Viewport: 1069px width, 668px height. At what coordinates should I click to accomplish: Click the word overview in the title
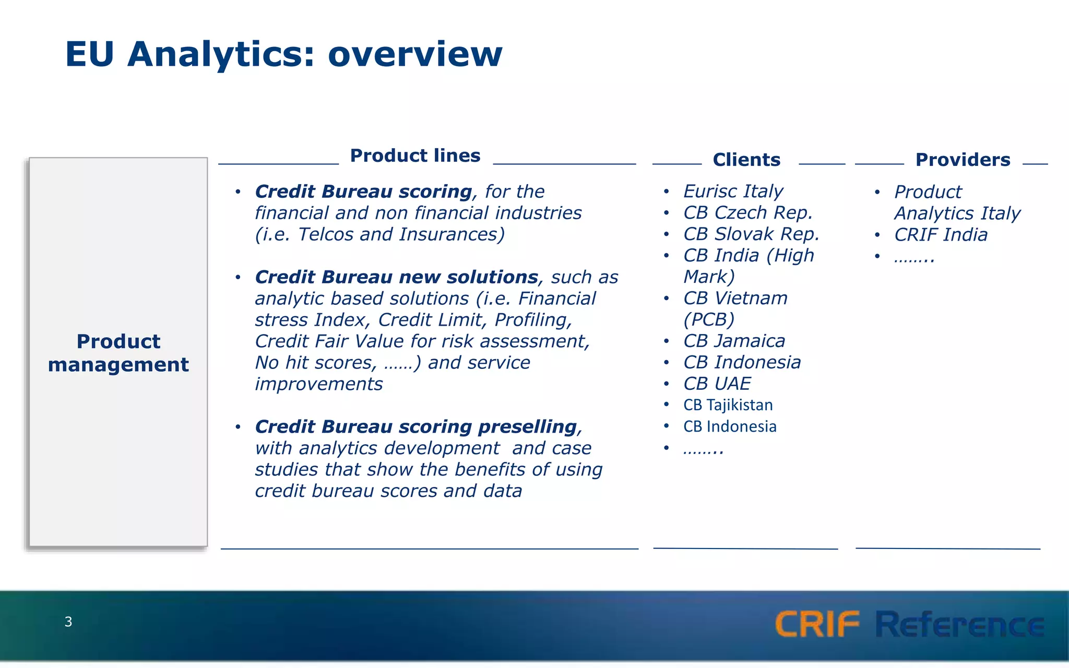pyautogui.click(x=415, y=54)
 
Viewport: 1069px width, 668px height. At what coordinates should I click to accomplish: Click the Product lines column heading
pyautogui.click(x=415, y=156)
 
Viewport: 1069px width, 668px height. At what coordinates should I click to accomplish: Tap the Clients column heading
pyautogui.click(x=746, y=160)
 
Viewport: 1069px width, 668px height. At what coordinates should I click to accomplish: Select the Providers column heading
pyautogui.click(x=963, y=160)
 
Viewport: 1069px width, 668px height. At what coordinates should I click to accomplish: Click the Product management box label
pyautogui.click(x=118, y=353)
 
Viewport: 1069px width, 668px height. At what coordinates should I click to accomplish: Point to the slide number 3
pyautogui.click(x=68, y=622)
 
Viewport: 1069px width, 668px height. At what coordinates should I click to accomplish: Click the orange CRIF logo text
pyautogui.click(x=817, y=624)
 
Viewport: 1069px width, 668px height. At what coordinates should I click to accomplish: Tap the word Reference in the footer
pyautogui.click(x=959, y=625)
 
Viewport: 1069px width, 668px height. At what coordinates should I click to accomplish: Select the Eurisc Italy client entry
pyautogui.click(x=733, y=191)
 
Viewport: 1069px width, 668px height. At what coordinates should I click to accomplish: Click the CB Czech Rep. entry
pyautogui.click(x=748, y=212)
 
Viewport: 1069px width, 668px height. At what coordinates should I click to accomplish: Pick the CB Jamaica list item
pyautogui.click(x=734, y=341)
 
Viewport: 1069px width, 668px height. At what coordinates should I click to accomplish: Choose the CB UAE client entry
pyautogui.click(x=717, y=384)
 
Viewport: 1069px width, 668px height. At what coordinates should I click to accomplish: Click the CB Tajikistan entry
pyautogui.click(x=728, y=405)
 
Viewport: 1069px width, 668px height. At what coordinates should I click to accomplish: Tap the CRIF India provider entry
pyautogui.click(x=941, y=235)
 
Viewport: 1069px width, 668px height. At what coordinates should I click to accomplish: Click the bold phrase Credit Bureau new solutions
pyautogui.click(x=396, y=277)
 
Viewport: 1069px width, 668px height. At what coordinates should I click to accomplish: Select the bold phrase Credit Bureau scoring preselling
pyautogui.click(x=416, y=427)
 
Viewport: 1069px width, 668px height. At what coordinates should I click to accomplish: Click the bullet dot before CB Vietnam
pyautogui.click(x=667, y=299)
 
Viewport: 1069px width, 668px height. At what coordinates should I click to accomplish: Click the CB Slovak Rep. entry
pyautogui.click(x=751, y=234)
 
